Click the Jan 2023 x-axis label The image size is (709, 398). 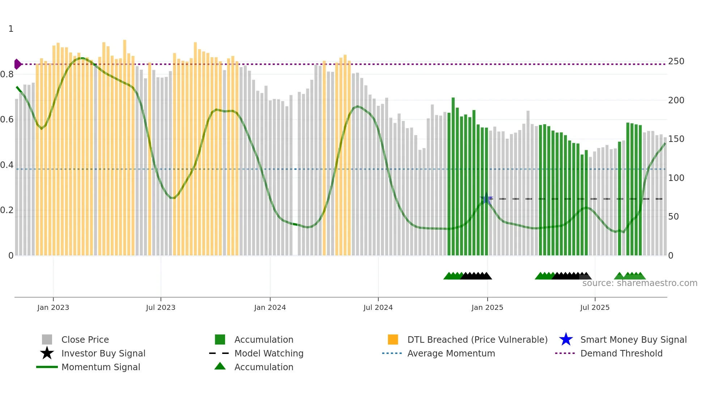(53, 307)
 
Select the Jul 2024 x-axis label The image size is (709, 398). (378, 307)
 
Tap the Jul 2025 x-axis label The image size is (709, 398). (595, 307)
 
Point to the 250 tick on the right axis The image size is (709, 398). (676, 61)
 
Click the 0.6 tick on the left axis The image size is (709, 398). (7, 120)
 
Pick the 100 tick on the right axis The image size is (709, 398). (676, 178)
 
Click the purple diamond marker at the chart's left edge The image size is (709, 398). (17, 64)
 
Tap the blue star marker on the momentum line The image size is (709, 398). (487, 199)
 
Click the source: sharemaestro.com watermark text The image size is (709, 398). (640, 283)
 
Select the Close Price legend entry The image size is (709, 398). (85, 340)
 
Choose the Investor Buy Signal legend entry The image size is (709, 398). (103, 354)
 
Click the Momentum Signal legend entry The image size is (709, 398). (101, 367)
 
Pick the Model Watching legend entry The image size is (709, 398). (269, 354)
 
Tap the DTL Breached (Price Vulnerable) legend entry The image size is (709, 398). (477, 340)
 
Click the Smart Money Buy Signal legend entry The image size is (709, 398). (633, 340)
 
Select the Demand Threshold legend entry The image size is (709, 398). (621, 354)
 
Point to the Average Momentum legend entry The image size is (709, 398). (451, 354)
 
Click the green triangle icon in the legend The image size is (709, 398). (220, 367)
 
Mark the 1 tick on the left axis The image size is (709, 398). (11, 29)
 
